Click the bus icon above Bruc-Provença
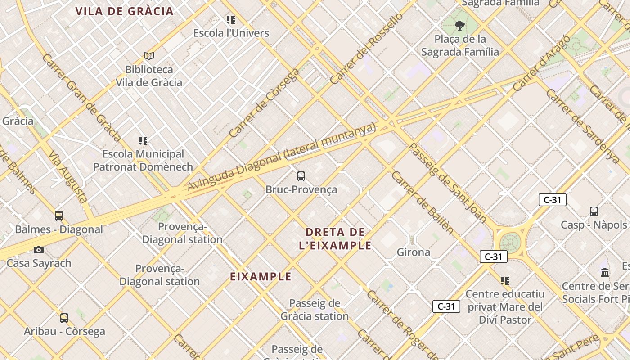point(301,176)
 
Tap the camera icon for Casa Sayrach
point(39,250)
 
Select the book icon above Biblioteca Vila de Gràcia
point(149,56)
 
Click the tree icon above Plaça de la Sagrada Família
point(459,25)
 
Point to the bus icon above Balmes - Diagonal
point(59,216)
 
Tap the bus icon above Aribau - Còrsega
point(64,318)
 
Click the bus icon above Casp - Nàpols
point(594,211)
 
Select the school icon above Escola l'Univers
point(231,20)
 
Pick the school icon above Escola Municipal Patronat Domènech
point(143,141)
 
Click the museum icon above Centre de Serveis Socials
point(605,273)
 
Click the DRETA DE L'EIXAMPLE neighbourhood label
point(335,239)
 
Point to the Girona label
point(413,252)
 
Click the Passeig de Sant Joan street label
point(447,183)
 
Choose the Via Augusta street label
point(68,177)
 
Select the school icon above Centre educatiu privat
point(505,281)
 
